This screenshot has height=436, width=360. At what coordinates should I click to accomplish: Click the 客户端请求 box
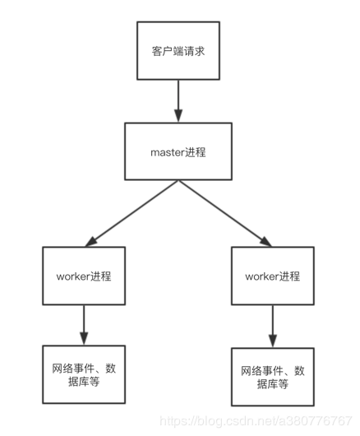[178, 51]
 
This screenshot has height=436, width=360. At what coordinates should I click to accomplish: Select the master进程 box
[178, 151]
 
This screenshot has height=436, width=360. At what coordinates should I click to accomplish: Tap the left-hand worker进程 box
[84, 275]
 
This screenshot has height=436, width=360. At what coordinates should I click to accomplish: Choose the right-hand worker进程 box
[272, 276]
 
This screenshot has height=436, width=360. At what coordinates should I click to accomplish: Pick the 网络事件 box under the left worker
[84, 374]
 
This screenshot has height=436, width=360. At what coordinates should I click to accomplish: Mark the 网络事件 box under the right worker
[272, 376]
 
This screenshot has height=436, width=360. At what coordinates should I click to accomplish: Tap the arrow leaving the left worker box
[84, 324]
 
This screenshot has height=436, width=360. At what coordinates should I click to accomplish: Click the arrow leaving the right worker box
[272, 326]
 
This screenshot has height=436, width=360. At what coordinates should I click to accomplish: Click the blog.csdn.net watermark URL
[255, 420]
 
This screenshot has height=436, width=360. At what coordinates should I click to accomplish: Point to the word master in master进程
[164, 151]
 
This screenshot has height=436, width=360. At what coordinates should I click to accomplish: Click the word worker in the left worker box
[72, 275]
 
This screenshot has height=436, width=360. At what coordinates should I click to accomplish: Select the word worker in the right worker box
[261, 276]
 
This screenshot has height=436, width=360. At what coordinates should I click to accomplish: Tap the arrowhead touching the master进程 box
[178, 117]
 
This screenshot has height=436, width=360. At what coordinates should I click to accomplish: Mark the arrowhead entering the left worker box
[93, 241]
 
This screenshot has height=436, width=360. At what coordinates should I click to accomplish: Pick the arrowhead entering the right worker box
[265, 241]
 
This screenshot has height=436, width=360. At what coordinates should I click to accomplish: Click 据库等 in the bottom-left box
[84, 383]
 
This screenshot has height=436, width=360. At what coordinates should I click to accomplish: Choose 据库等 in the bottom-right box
[272, 384]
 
